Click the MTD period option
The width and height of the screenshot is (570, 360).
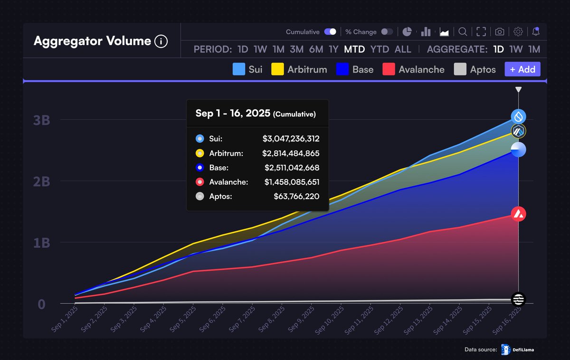click(354, 49)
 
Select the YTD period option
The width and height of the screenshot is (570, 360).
click(380, 49)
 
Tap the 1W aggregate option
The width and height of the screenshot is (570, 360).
click(516, 49)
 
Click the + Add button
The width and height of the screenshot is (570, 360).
click(522, 69)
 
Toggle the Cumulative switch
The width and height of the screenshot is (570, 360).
click(330, 32)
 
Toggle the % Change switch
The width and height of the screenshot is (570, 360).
click(387, 32)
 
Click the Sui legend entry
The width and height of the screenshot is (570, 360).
click(247, 69)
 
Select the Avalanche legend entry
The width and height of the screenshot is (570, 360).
click(413, 69)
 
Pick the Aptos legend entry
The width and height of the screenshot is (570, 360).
click(475, 69)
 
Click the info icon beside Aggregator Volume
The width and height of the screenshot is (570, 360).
click(161, 41)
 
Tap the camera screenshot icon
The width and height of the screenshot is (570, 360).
click(500, 32)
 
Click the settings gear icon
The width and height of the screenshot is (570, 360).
click(518, 32)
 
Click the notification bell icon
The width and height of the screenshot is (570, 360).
click(536, 32)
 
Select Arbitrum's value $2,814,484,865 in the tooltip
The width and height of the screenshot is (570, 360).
click(291, 153)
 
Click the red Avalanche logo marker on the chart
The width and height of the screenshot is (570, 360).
click(518, 214)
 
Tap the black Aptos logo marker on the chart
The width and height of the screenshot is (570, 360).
click(518, 299)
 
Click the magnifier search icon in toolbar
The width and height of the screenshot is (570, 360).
click(462, 32)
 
